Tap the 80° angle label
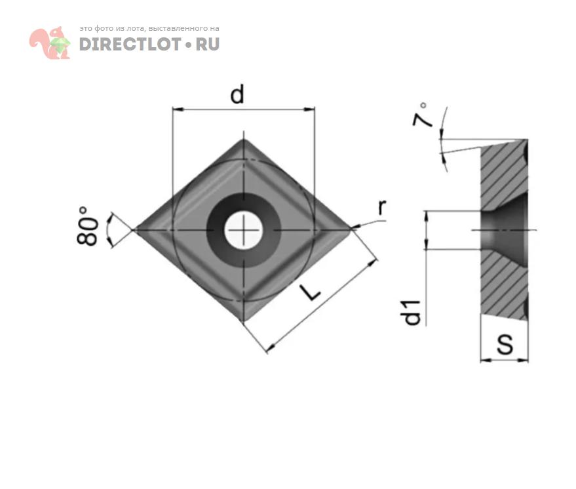[x=87, y=225]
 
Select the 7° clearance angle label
[x=421, y=114]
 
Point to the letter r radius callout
[x=382, y=207]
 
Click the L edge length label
[x=311, y=292]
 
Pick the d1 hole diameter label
[x=412, y=313]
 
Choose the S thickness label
[x=505, y=344]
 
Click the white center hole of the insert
[x=243, y=230]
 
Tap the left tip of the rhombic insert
[x=134, y=229]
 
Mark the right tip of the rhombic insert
[x=351, y=229]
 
